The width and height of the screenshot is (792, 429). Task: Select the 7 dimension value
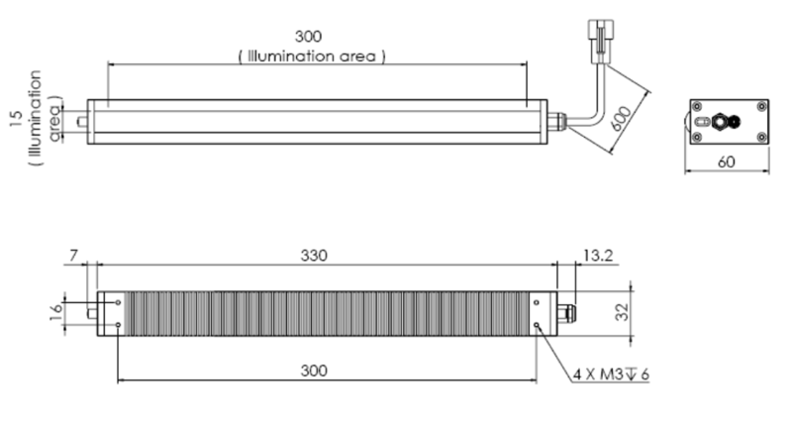[75, 256]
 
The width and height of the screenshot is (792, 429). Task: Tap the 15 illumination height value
[15, 119]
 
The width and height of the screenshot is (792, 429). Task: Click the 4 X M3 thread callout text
[610, 375]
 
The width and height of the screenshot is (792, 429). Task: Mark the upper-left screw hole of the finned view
[119, 303]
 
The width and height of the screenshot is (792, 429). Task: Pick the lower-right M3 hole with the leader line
[536, 324]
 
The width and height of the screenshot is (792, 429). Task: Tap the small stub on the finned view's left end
[91, 312]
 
